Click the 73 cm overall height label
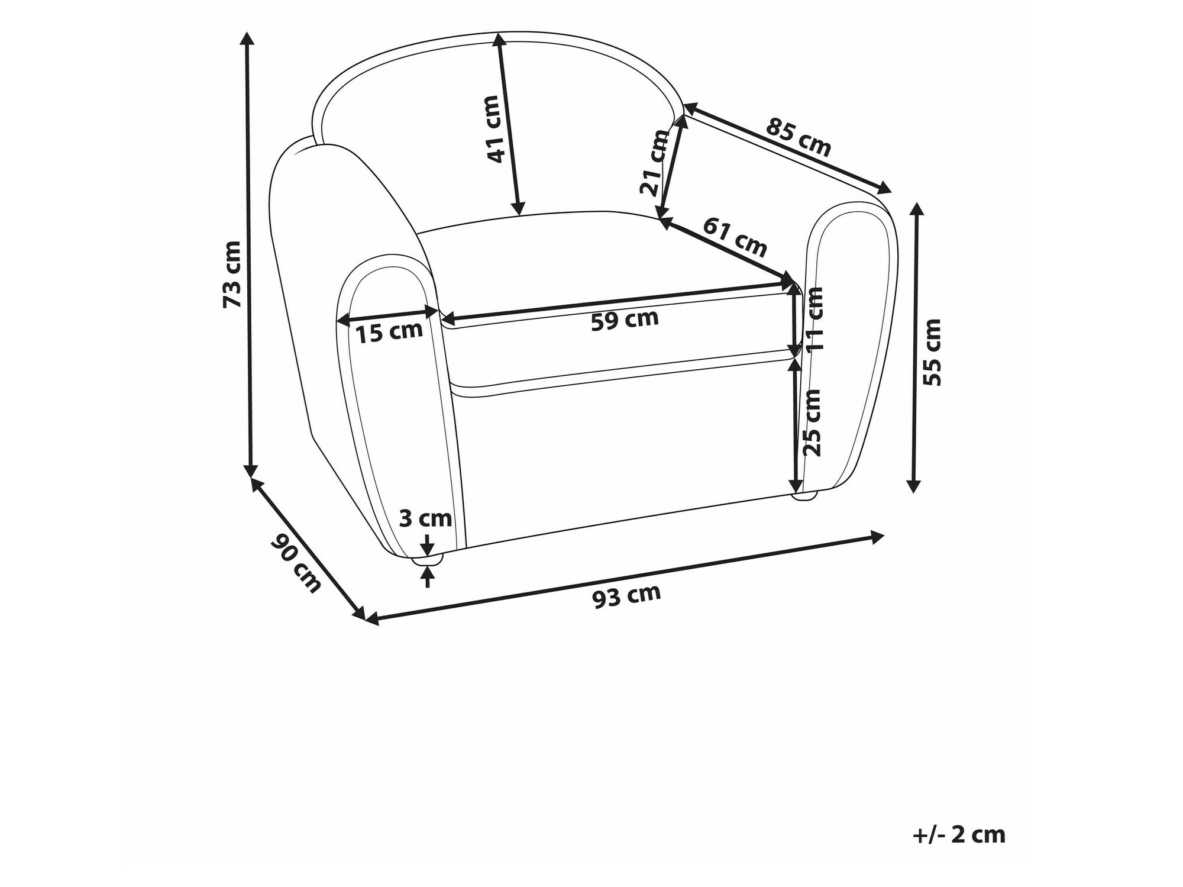click(232, 274)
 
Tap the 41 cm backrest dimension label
click(492, 129)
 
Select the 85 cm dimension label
click(799, 138)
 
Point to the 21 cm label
click(654, 163)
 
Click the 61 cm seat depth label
click(735, 237)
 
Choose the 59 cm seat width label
click(625, 320)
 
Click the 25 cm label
click(813, 422)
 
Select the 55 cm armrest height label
click(932, 353)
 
